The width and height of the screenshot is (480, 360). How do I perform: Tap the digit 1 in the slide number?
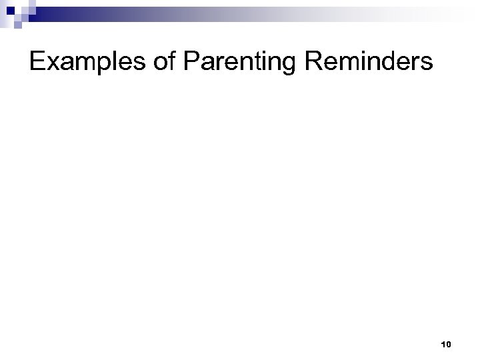coord(443,344)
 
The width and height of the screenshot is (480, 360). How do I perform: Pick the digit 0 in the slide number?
coord(449,344)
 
